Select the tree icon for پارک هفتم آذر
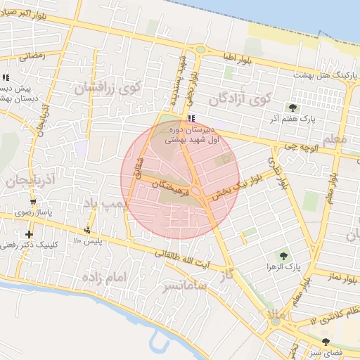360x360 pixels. point(292,108)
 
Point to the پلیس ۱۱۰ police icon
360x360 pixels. point(88,230)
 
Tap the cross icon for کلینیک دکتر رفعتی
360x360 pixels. point(29,234)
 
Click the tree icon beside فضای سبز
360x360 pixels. point(325,342)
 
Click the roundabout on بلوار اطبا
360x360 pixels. point(201,50)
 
